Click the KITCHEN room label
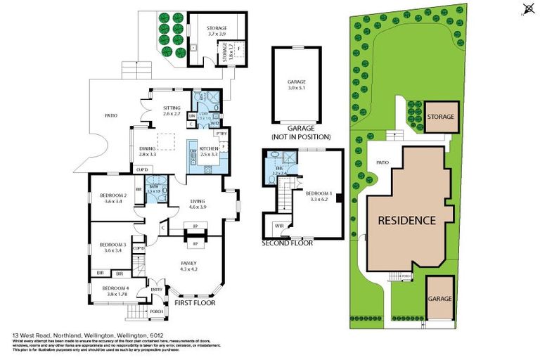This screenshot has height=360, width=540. tap(210, 148)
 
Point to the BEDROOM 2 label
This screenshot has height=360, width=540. tap(113, 196)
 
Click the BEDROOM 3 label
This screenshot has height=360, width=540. tap(113, 245)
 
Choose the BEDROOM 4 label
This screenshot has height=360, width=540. tap(115, 288)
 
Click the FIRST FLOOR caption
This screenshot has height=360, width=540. tap(193, 303)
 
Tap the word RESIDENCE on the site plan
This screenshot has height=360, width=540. tap(407, 219)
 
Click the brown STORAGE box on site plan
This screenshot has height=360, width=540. tap(439, 117)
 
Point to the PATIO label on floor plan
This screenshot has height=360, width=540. tap(110, 115)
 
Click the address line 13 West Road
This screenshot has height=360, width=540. tap(92, 335)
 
